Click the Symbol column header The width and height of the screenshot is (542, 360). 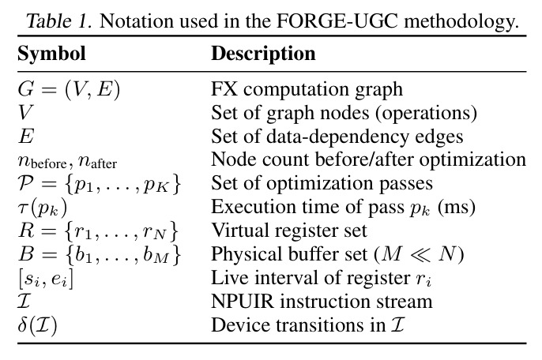coord(51,54)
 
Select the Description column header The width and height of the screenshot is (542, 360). coord(263,54)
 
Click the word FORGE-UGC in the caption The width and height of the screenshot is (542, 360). coord(337,21)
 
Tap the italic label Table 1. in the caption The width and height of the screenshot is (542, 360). coord(59,21)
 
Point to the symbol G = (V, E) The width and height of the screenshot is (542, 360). coord(69,89)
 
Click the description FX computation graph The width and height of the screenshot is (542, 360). coord(307,89)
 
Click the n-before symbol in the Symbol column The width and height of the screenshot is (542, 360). coord(42,161)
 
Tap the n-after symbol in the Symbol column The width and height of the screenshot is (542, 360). coord(97,161)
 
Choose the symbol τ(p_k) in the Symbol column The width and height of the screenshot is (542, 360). coord(42,208)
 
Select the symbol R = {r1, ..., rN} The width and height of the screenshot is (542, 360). coord(98,231)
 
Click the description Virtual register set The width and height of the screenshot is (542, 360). coord(289,231)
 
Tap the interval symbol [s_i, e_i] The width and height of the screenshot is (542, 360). coord(46,279)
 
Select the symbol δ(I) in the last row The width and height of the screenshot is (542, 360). coord(37,325)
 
